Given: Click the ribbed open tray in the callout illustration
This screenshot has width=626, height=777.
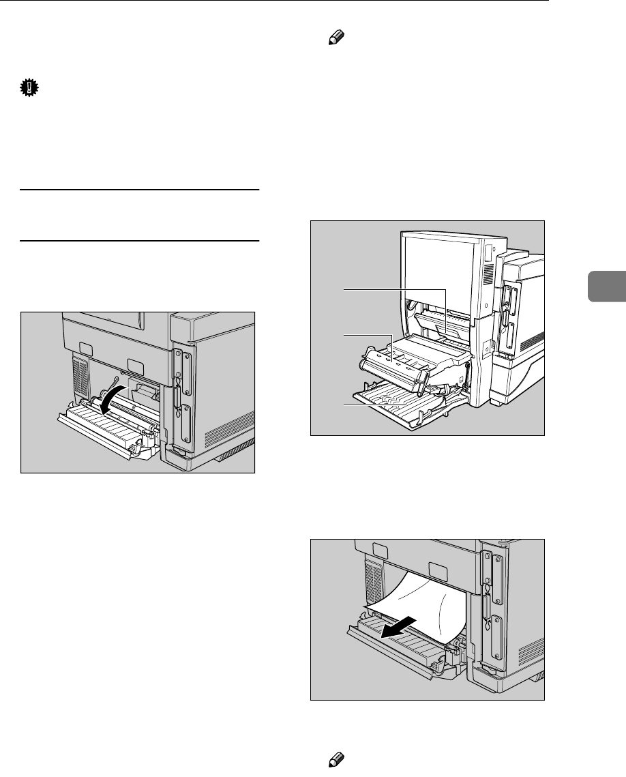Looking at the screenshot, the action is pos(402,409).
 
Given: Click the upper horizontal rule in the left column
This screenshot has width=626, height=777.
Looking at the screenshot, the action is pos(140,190).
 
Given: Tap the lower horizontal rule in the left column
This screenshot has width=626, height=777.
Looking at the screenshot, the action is pos(140,240).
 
